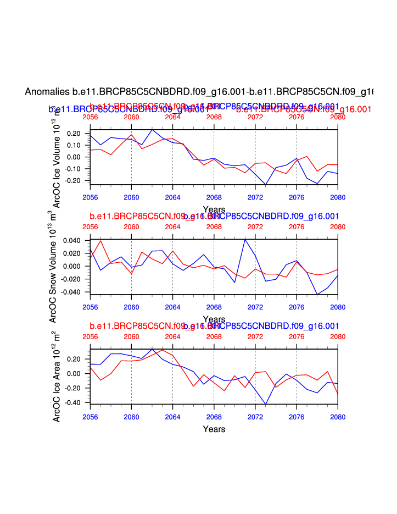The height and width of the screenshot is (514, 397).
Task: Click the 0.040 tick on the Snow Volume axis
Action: pyautogui.click(x=74, y=240)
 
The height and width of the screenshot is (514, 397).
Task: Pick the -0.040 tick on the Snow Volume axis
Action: pyautogui.click(x=72, y=292)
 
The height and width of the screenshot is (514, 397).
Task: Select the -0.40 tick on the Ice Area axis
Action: pyautogui.click(x=74, y=403)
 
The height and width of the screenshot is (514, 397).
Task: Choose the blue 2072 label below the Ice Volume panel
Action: pyautogui.click(x=255, y=196)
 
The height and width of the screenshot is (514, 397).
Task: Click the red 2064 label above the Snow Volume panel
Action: pyautogui.click(x=172, y=226)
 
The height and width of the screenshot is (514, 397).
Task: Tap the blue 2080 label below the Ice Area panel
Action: pyautogui.click(x=338, y=417)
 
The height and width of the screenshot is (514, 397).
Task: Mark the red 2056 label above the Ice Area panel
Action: pyautogui.click(x=90, y=336)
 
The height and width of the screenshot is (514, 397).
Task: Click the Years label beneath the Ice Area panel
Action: pyautogui.click(x=214, y=429)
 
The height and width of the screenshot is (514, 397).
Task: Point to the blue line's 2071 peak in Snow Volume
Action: pyautogui.click(x=245, y=239)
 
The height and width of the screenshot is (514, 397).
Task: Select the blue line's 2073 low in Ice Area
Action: pyautogui.click(x=266, y=405)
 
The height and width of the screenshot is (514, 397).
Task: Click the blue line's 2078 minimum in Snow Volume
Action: pyautogui.click(x=317, y=295)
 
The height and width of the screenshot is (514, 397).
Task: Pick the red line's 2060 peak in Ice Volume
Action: pyautogui.click(x=131, y=135)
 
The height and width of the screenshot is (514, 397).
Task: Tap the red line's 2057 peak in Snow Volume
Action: pyautogui.click(x=100, y=241)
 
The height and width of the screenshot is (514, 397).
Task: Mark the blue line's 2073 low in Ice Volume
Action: pyautogui.click(x=266, y=185)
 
